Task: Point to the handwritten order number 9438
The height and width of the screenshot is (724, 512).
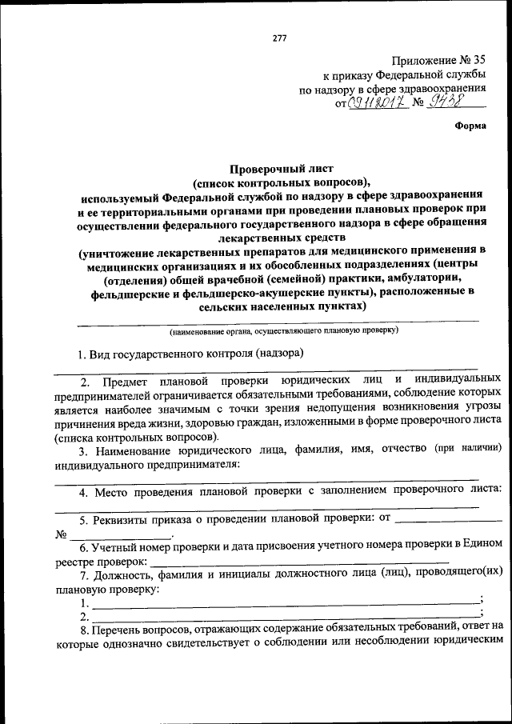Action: (448, 102)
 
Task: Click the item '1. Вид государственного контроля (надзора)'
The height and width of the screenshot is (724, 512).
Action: (190, 353)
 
